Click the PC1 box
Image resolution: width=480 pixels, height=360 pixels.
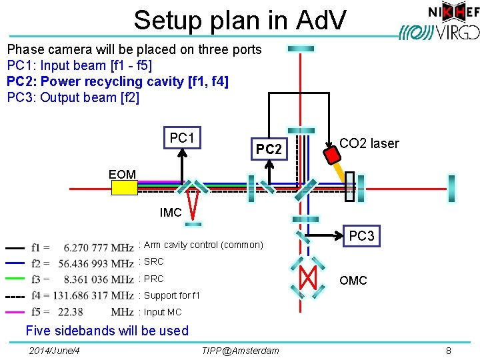coord(181,139)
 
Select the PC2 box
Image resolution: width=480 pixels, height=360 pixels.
coord(269,150)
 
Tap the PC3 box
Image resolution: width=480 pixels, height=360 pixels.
coord(362,236)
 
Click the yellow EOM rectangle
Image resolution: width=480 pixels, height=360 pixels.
coord(125,188)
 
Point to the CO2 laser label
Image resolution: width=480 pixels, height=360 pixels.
coord(369,143)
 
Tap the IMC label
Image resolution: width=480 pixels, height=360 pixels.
coord(171,213)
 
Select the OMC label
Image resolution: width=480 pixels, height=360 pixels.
coord(353,281)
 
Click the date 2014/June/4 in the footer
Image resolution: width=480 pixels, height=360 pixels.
coord(55,350)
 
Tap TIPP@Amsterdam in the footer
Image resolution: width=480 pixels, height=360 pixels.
coord(240,350)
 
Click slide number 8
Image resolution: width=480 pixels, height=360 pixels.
coord(449,350)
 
